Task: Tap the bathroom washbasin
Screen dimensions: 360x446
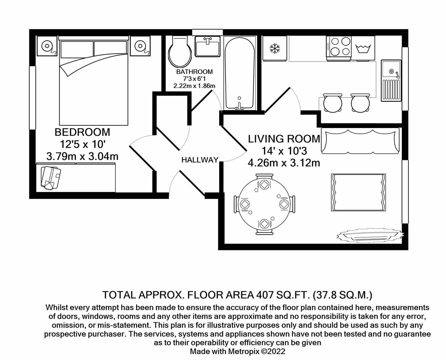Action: click(207, 47)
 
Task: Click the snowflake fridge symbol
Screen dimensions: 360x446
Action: click(275, 49)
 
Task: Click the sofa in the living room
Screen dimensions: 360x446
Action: click(360, 141)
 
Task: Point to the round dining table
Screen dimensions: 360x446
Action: click(264, 204)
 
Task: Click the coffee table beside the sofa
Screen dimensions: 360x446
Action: click(359, 192)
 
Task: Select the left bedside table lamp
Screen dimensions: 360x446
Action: click(47, 46)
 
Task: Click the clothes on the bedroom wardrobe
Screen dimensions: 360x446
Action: click(50, 177)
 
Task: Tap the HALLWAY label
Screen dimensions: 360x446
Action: click(200, 160)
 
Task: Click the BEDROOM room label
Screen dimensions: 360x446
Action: click(82, 132)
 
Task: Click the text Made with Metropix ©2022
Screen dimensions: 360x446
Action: click(237, 351)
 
